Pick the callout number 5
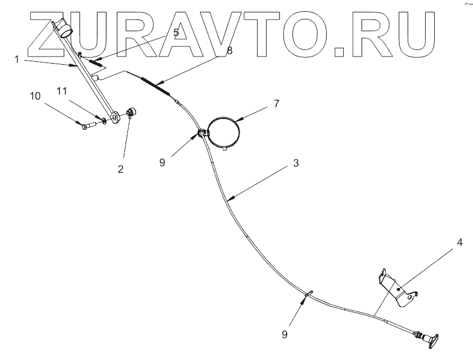point(176,33)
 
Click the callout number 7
point(276,104)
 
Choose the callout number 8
point(229,51)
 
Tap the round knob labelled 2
point(130,113)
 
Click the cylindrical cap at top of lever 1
point(62,28)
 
